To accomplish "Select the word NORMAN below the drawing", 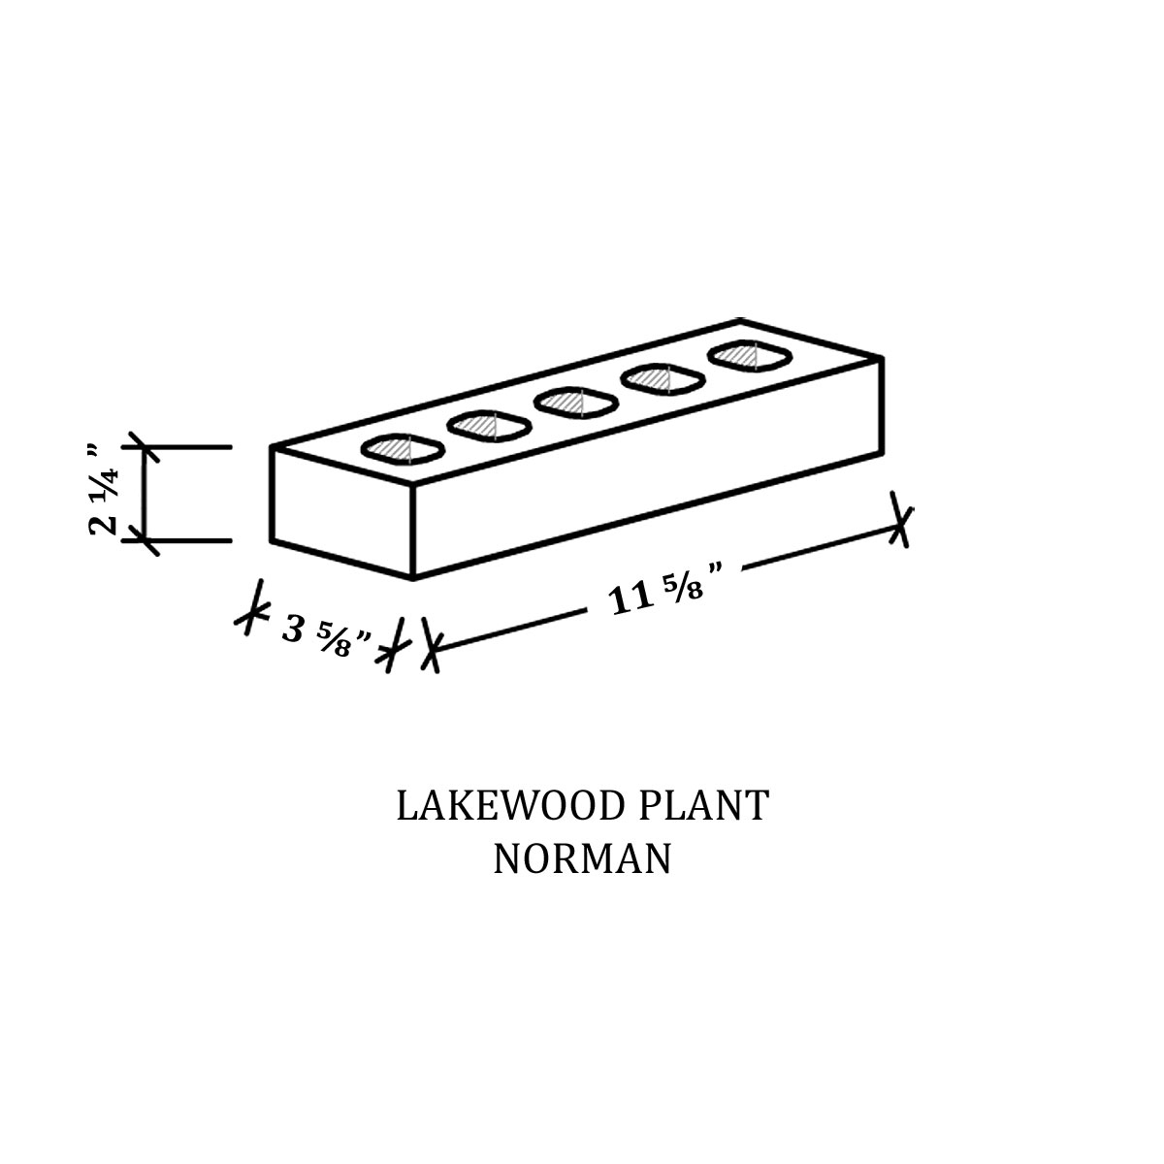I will point(582,859).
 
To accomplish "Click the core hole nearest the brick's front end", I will point(403,448).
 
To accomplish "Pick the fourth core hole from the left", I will point(663,379).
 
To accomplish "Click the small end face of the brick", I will point(341,511).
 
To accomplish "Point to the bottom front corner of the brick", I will point(414,578).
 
